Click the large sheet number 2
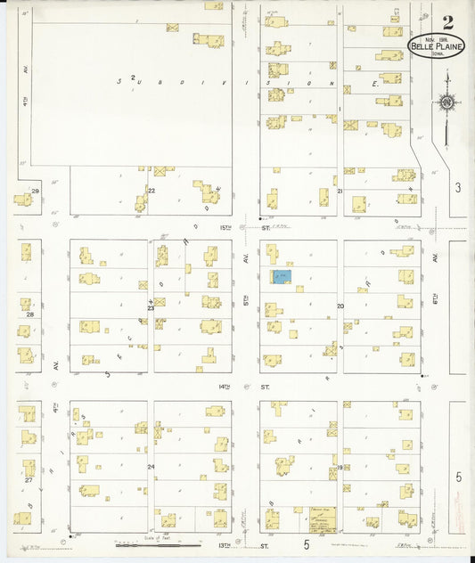click(x=447, y=22)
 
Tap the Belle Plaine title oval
click(x=436, y=46)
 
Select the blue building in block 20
click(x=281, y=277)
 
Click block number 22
click(x=152, y=191)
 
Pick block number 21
click(x=340, y=191)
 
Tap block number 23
click(x=151, y=308)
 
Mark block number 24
click(x=151, y=467)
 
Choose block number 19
click(x=340, y=467)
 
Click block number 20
click(x=340, y=306)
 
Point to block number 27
click(x=29, y=480)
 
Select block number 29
click(x=36, y=191)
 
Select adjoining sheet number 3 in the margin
click(x=458, y=187)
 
